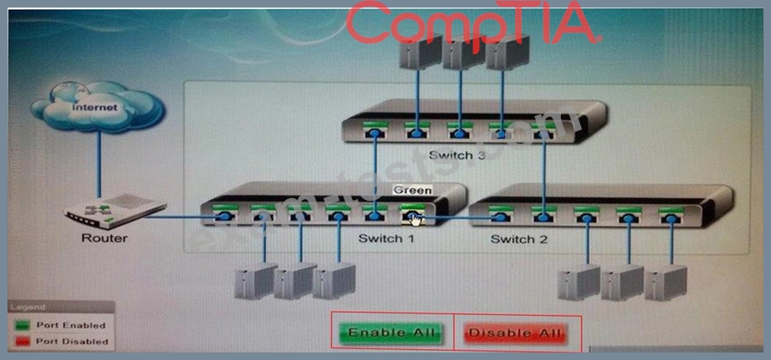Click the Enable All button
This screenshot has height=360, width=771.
(392, 333)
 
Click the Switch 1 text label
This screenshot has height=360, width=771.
(386, 239)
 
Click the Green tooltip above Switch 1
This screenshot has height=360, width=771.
(412, 190)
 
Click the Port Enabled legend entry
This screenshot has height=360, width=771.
(71, 325)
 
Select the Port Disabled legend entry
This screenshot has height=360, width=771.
(71, 341)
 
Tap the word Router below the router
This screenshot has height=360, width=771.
(104, 238)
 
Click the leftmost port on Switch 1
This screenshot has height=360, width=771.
(223, 215)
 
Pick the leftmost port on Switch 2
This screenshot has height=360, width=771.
(500, 215)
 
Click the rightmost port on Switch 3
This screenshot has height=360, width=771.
(543, 129)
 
